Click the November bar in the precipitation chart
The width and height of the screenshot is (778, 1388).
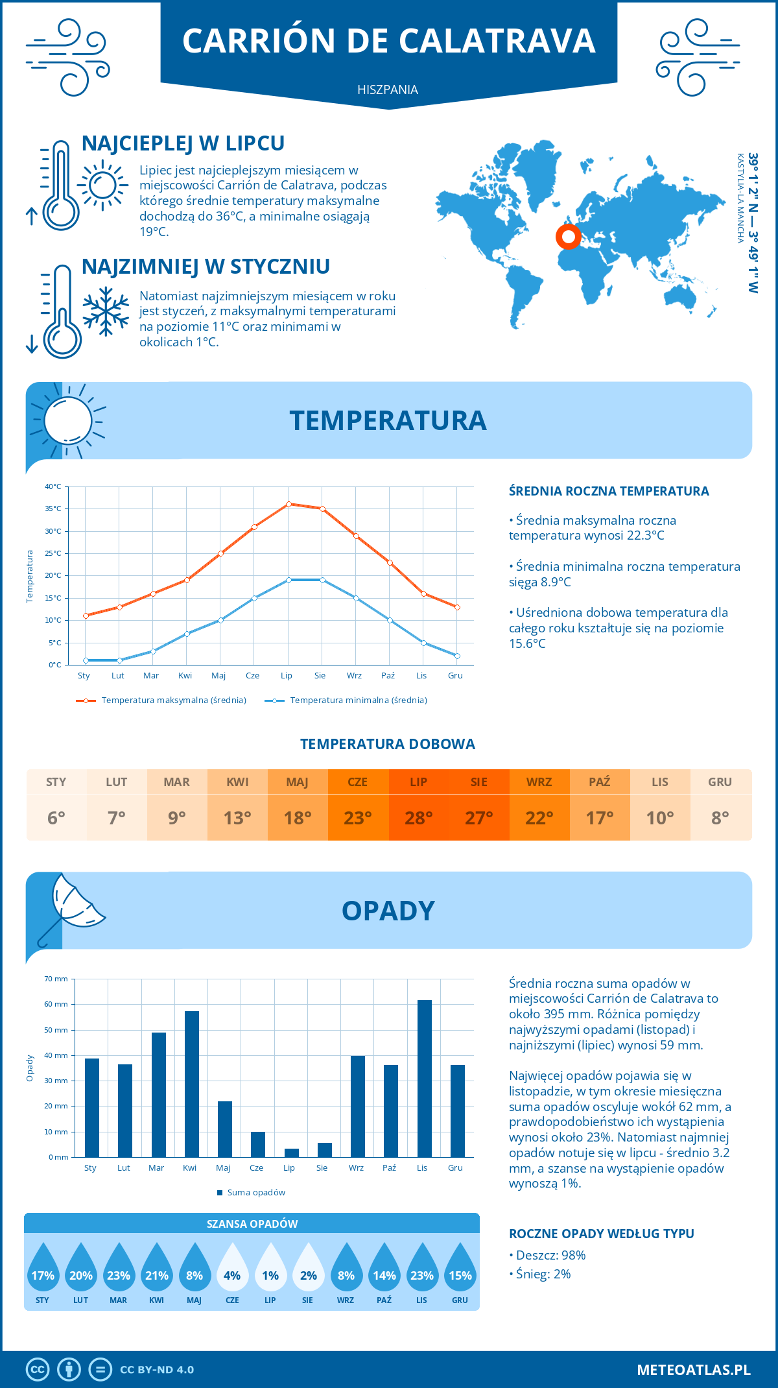[424, 1079]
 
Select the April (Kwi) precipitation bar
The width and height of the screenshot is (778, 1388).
[192, 1084]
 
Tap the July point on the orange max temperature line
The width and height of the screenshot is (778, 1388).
[289, 504]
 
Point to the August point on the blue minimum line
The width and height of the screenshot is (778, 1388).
[322, 580]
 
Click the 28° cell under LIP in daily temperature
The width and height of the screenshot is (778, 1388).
[418, 818]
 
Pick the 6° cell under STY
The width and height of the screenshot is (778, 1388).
[56, 818]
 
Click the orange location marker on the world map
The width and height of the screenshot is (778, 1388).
[568, 237]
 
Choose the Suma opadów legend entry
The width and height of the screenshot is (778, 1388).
[255, 1192]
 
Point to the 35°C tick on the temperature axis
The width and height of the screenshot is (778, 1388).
[53, 509]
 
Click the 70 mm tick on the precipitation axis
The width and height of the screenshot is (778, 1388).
[56, 979]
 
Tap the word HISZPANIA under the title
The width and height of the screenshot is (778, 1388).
[388, 90]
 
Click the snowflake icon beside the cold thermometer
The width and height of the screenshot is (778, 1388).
[106, 311]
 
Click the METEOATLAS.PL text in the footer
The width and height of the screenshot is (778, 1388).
[693, 1369]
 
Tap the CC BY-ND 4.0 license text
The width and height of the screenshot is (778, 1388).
[157, 1369]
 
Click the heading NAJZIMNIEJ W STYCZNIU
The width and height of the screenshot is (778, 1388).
[206, 266]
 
